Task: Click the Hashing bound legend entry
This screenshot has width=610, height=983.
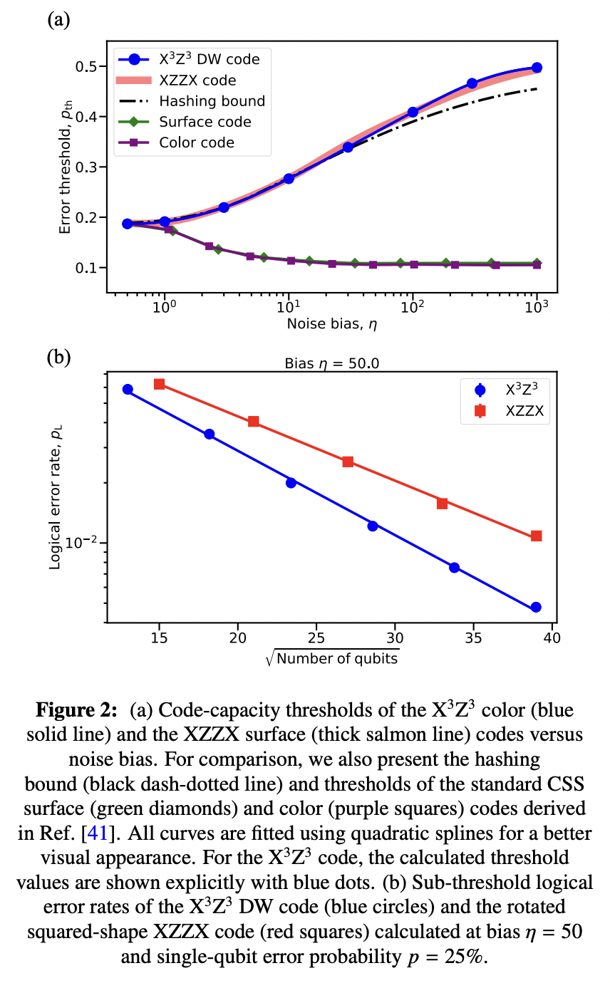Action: tap(212, 101)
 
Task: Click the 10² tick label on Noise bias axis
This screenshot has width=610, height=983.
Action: tap(411, 306)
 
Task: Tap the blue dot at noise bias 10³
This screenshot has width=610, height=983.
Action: tap(537, 68)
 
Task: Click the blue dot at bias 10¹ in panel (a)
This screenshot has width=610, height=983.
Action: tap(289, 179)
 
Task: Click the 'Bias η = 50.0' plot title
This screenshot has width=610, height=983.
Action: tap(328, 363)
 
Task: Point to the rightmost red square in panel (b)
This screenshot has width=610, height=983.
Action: tap(537, 536)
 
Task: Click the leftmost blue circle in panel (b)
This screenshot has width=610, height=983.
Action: tap(128, 390)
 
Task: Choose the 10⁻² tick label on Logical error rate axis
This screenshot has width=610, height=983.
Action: tap(80, 543)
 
